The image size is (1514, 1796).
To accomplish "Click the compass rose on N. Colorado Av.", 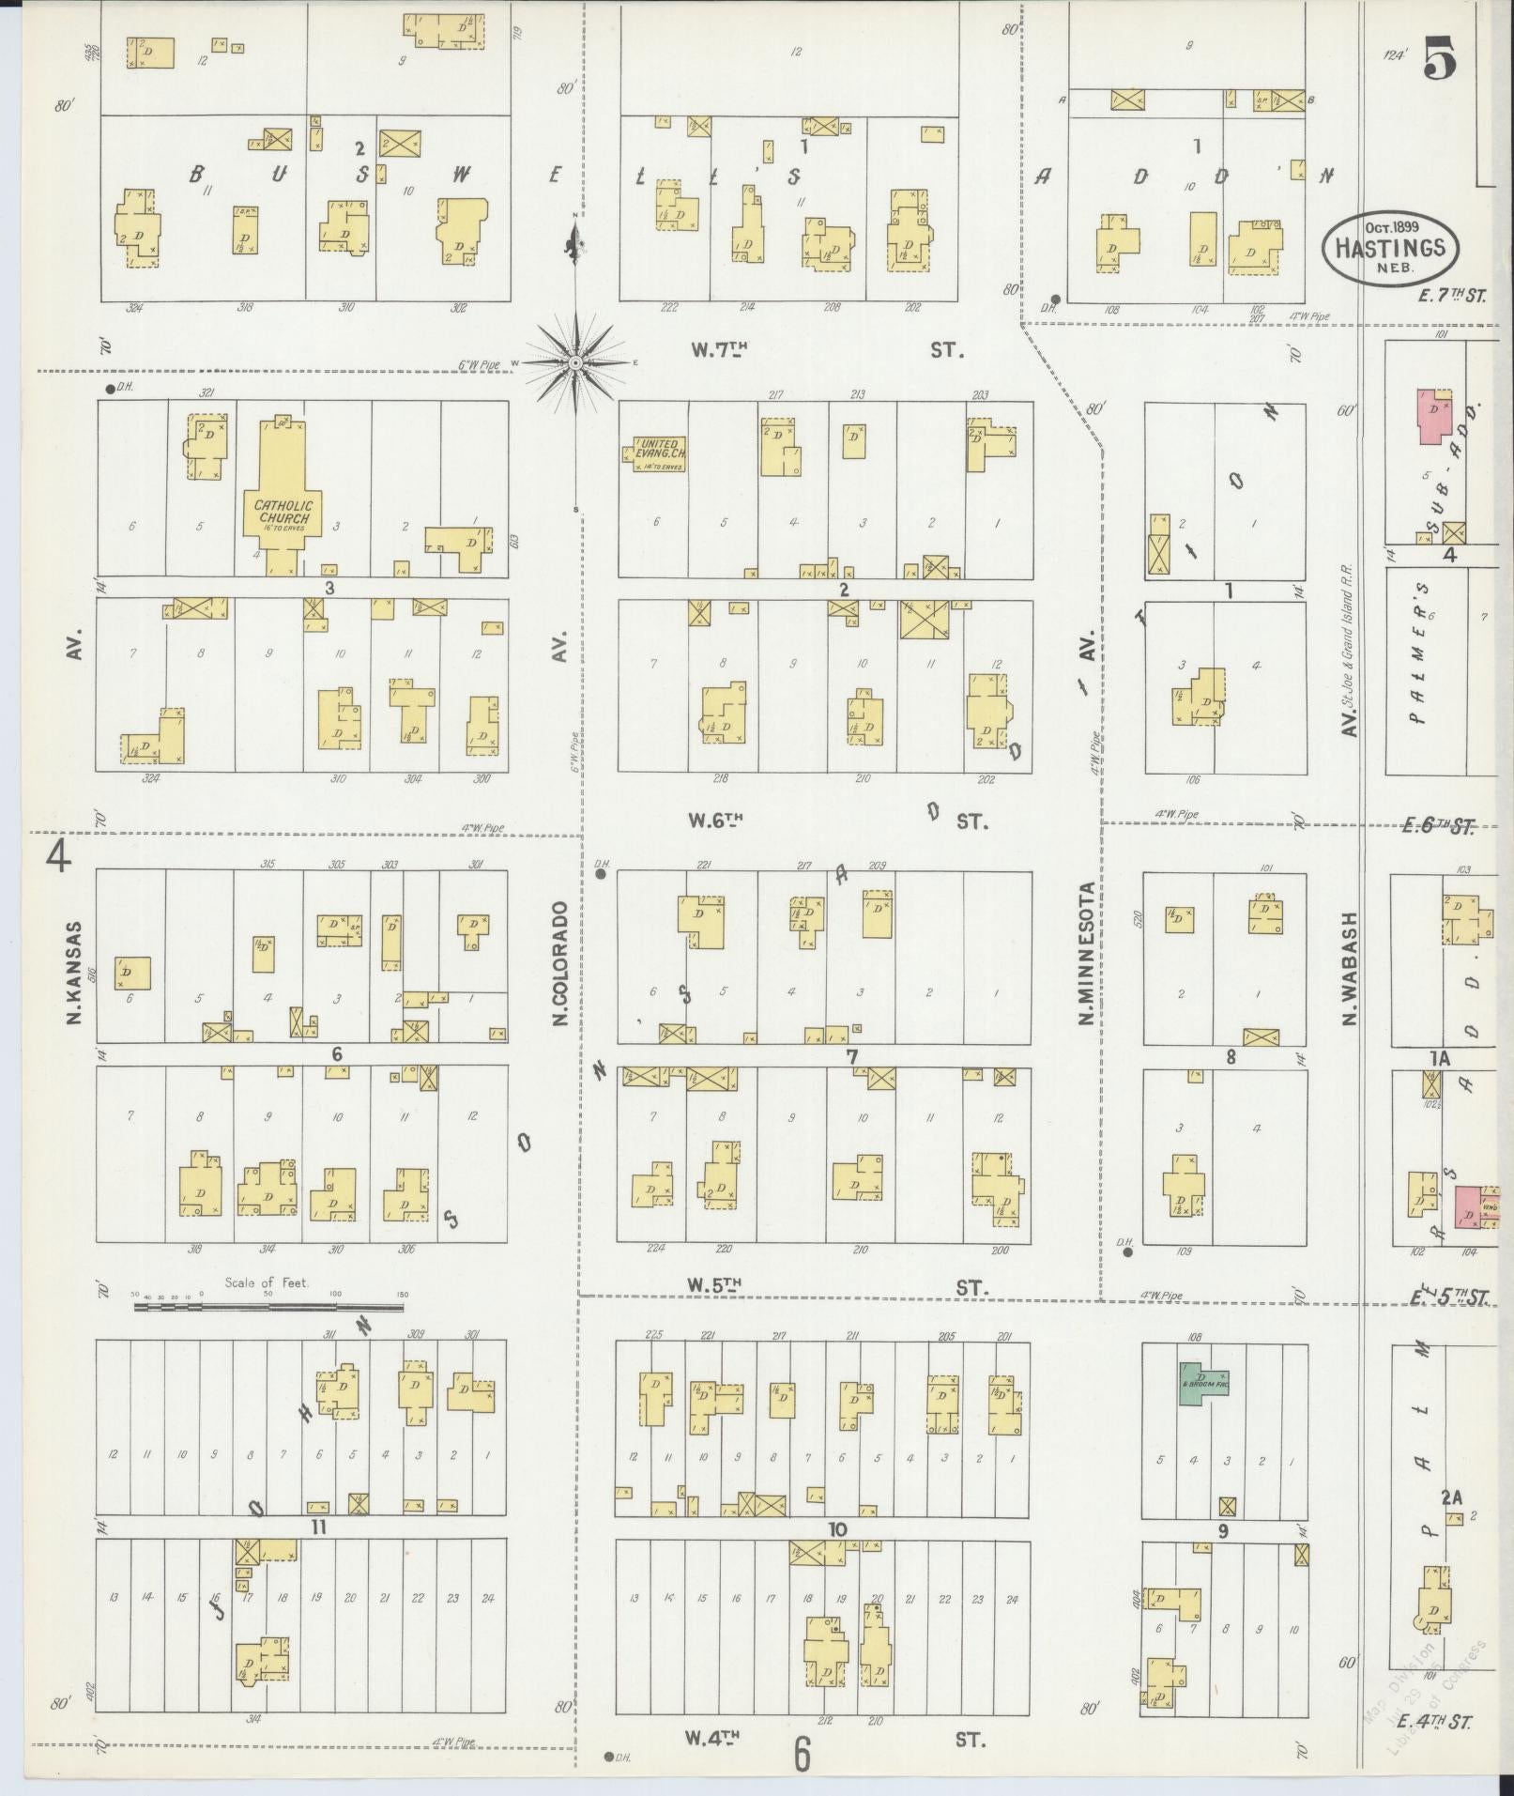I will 576,362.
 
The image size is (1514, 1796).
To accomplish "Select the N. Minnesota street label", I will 1086,953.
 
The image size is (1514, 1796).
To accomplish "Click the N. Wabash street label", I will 1352,967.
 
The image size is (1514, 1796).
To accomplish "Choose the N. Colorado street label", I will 561,962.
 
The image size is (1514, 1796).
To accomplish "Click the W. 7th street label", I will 719,350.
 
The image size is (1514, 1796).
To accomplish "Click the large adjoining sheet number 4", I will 58,855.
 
